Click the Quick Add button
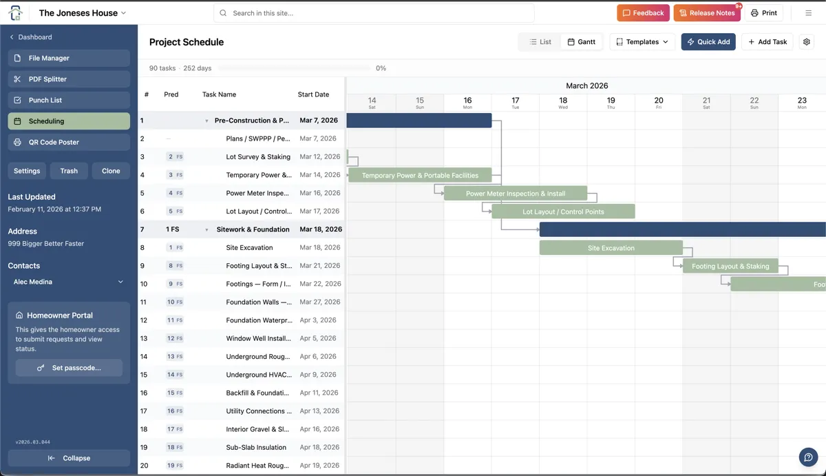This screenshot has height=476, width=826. pos(708,42)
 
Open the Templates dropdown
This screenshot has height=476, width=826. pos(642,42)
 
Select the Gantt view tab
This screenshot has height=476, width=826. pos(582,42)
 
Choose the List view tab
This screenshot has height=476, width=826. pos(540,42)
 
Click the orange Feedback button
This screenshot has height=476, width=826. pos(643,13)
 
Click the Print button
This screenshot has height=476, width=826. pos(763,13)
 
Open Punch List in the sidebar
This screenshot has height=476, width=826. pos(69,100)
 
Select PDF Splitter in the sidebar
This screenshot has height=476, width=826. pos(69,79)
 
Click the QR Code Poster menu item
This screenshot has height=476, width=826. pos(69,142)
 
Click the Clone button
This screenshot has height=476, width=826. pos(111,171)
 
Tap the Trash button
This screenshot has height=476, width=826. pos(69,171)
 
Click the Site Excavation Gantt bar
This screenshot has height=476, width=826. pos(611,248)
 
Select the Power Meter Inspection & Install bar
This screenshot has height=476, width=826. pos(515,194)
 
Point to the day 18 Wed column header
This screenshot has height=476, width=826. pos(563,103)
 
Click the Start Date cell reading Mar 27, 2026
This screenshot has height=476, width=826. pos(320,302)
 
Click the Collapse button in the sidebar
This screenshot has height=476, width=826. pos(69,458)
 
